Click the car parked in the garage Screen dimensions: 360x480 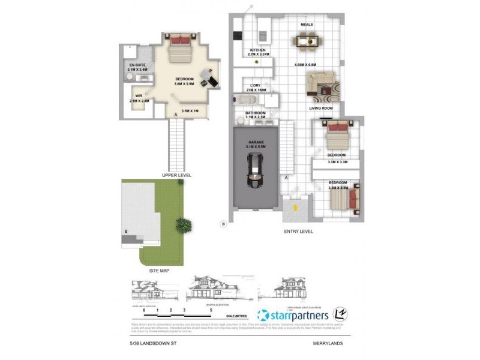[x=256, y=171]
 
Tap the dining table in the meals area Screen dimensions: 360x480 [x=306, y=41]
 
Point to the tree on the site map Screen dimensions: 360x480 [x=184, y=226]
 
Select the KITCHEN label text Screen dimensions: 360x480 [x=258, y=50]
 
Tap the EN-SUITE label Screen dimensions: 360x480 [x=137, y=65]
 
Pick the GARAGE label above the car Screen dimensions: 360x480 [x=256, y=142]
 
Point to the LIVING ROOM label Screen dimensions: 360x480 [x=321, y=108]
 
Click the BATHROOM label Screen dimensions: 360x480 [x=256, y=112]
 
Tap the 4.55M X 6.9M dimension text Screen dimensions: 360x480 [x=305, y=64]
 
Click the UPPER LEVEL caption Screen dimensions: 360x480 [x=177, y=175]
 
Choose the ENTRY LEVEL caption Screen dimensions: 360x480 [x=298, y=231]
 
